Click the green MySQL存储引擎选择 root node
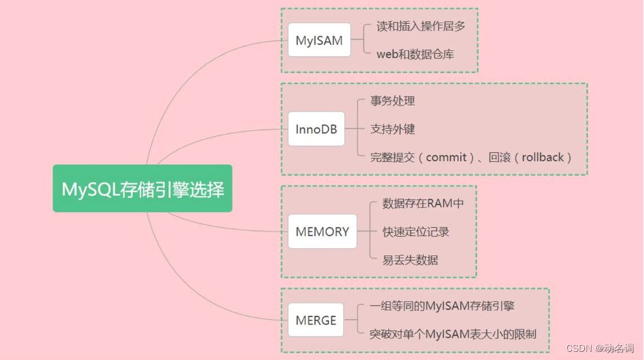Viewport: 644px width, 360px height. (143, 189)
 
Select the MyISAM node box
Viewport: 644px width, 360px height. (319, 40)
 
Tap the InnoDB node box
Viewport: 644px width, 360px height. (317, 129)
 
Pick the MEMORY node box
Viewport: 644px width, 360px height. (322, 231)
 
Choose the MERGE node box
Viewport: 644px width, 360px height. (316, 320)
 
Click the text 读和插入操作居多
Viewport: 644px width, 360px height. (420, 27)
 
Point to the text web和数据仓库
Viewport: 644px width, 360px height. (415, 54)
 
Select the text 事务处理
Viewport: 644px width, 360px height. (393, 101)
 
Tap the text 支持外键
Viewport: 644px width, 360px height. (393, 129)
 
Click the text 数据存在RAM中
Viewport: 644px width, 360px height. (423, 203)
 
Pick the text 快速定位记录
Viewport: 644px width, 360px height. (416, 231)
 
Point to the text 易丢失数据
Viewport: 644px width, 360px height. (410, 260)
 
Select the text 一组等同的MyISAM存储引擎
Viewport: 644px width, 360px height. (442, 306)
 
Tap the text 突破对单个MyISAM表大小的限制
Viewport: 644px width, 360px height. (453, 334)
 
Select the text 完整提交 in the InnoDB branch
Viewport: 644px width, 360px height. (393, 157)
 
